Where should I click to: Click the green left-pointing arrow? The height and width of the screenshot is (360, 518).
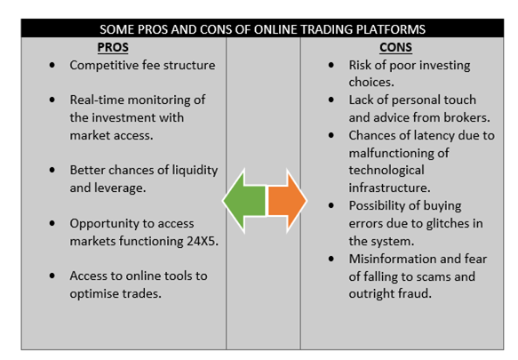point(244,201)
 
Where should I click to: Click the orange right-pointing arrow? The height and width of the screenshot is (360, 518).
point(287,201)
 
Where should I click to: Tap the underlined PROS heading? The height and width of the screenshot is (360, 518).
point(113,47)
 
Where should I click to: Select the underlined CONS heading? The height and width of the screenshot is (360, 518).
point(395,47)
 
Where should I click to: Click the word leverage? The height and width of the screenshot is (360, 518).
point(120,188)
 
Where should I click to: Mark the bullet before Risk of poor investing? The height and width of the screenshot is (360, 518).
point(331,65)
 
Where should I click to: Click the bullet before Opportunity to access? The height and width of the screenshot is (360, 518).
point(52,223)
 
